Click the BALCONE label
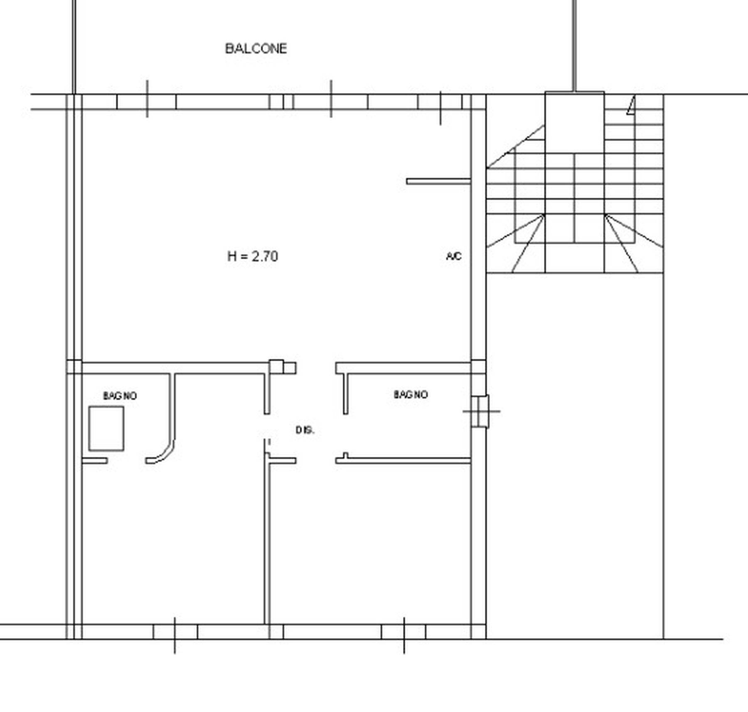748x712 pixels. click(x=256, y=49)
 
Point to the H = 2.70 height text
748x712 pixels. click(x=253, y=256)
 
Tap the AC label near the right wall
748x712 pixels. click(x=454, y=256)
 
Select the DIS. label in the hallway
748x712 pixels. click(x=305, y=430)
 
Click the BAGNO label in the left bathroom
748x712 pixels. click(x=120, y=396)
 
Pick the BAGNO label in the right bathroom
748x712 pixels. click(x=411, y=394)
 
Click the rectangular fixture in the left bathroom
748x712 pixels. click(x=106, y=429)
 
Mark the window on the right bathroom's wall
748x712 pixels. click(x=480, y=411)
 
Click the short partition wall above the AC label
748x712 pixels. click(x=438, y=181)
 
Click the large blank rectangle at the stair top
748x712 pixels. click(x=574, y=122)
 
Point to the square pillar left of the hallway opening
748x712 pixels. click(x=276, y=367)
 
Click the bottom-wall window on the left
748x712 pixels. click(x=175, y=631)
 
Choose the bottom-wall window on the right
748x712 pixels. click(x=404, y=631)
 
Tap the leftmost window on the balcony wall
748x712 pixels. click(x=147, y=101)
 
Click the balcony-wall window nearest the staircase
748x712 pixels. click(x=440, y=102)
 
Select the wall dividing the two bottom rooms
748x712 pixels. click(x=267, y=540)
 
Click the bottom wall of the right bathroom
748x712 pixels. click(x=403, y=461)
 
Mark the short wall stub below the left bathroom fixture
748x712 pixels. click(x=95, y=461)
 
